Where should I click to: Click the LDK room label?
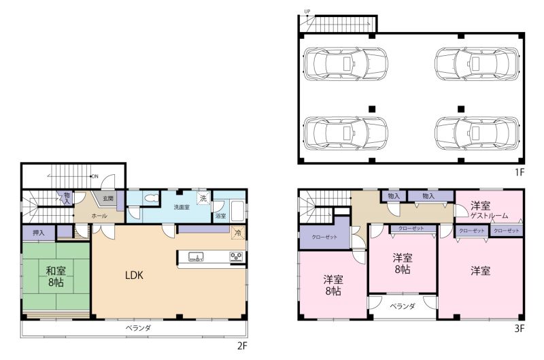134,276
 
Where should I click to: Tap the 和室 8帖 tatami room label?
56,276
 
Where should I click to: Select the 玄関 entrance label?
108,199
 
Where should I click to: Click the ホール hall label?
99,216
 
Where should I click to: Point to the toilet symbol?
152,199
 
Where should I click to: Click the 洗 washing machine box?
203,198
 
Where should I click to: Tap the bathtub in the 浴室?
238,210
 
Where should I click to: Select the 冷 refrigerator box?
239,233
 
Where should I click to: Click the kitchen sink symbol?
196,257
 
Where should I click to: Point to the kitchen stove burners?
237,257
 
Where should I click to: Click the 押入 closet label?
39,233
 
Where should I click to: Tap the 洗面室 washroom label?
182,208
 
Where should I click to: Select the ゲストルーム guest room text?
489,216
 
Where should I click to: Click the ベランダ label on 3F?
403,306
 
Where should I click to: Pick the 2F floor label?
242,346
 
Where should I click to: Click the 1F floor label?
520,172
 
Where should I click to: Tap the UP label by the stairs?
307,12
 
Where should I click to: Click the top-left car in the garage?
345,64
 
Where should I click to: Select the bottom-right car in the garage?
477,133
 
